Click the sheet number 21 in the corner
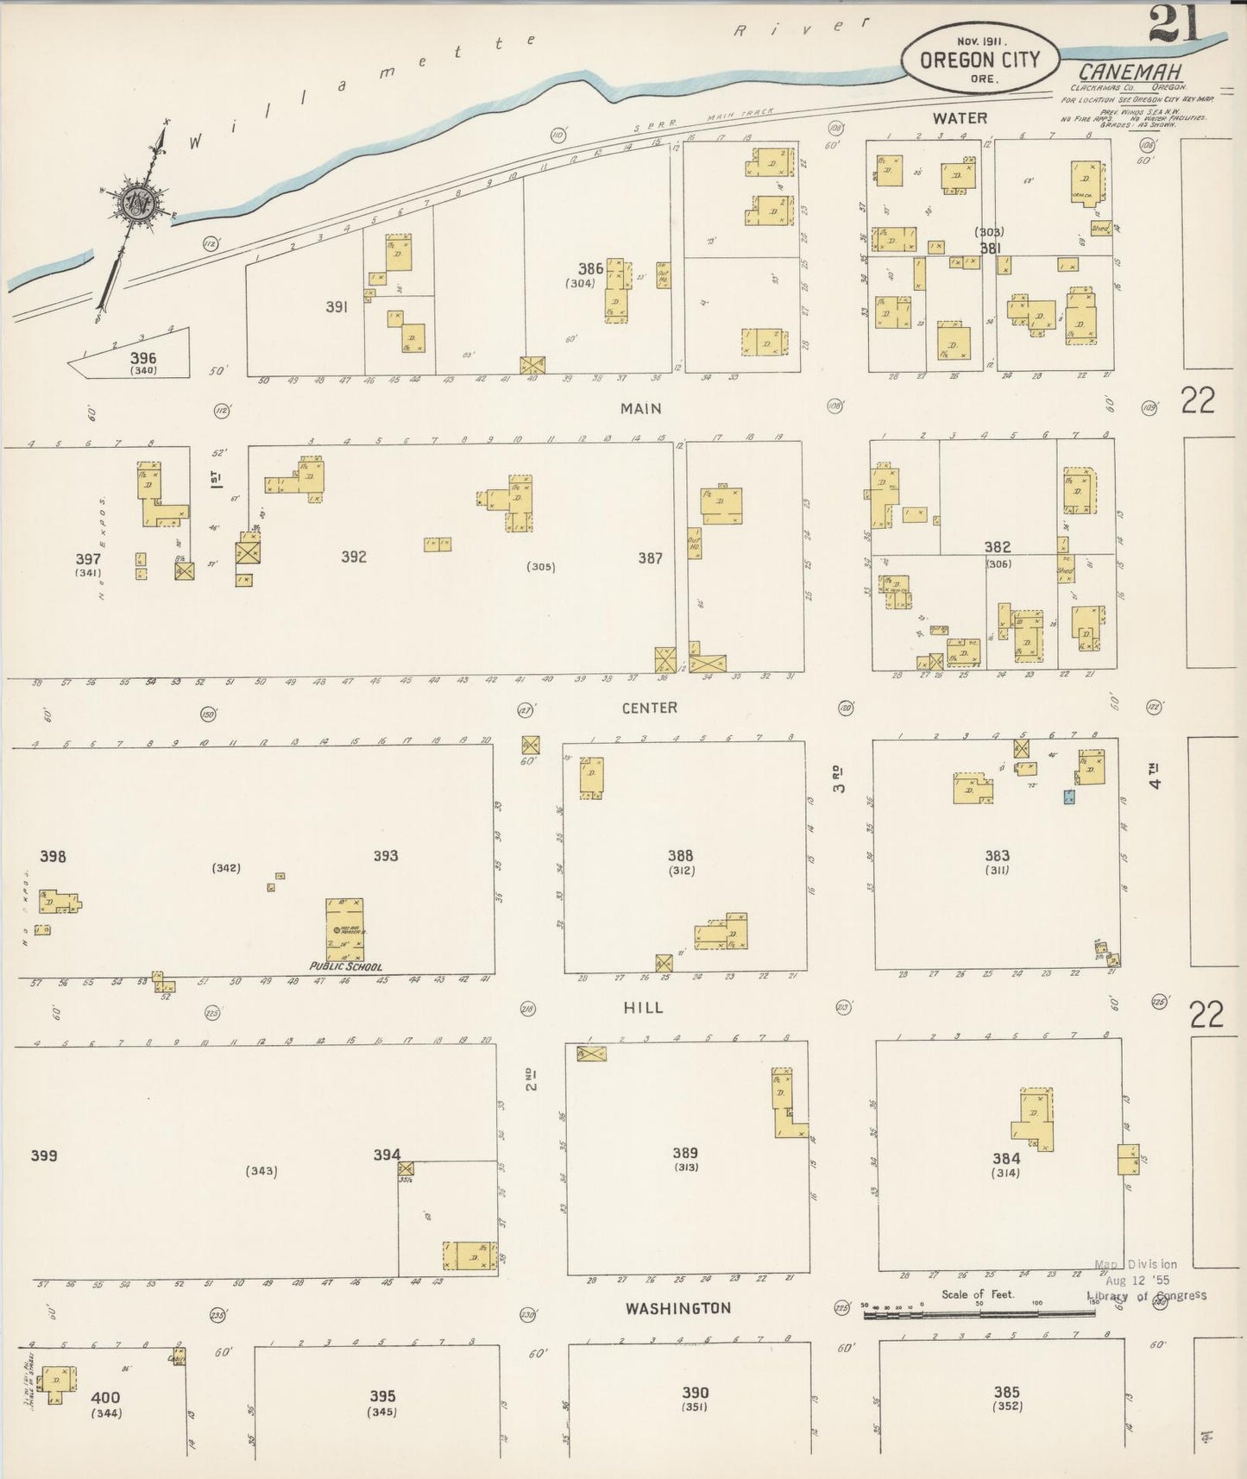(x=1175, y=23)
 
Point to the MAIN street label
(x=640, y=408)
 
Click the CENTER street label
(x=649, y=708)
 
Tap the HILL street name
(x=643, y=1007)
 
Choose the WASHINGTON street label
(x=677, y=1308)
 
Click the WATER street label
(x=960, y=117)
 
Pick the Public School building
(x=344, y=929)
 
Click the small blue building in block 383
(x=1069, y=797)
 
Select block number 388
(x=680, y=855)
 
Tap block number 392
(x=353, y=557)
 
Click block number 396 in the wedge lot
(x=143, y=357)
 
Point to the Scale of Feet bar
(x=979, y=1313)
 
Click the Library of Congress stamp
(x=1146, y=1281)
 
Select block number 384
(x=1006, y=1158)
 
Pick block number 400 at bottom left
(x=105, y=1397)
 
